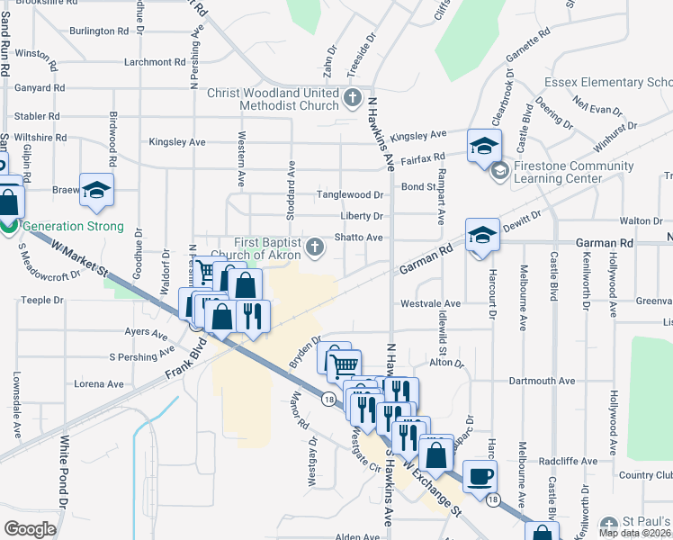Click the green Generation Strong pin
coord(8,226)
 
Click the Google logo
coord(30,528)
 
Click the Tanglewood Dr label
coord(349,195)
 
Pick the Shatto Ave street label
coord(360,238)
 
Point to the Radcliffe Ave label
coord(568,461)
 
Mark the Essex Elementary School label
coord(620,83)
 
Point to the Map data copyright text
coord(634,532)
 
